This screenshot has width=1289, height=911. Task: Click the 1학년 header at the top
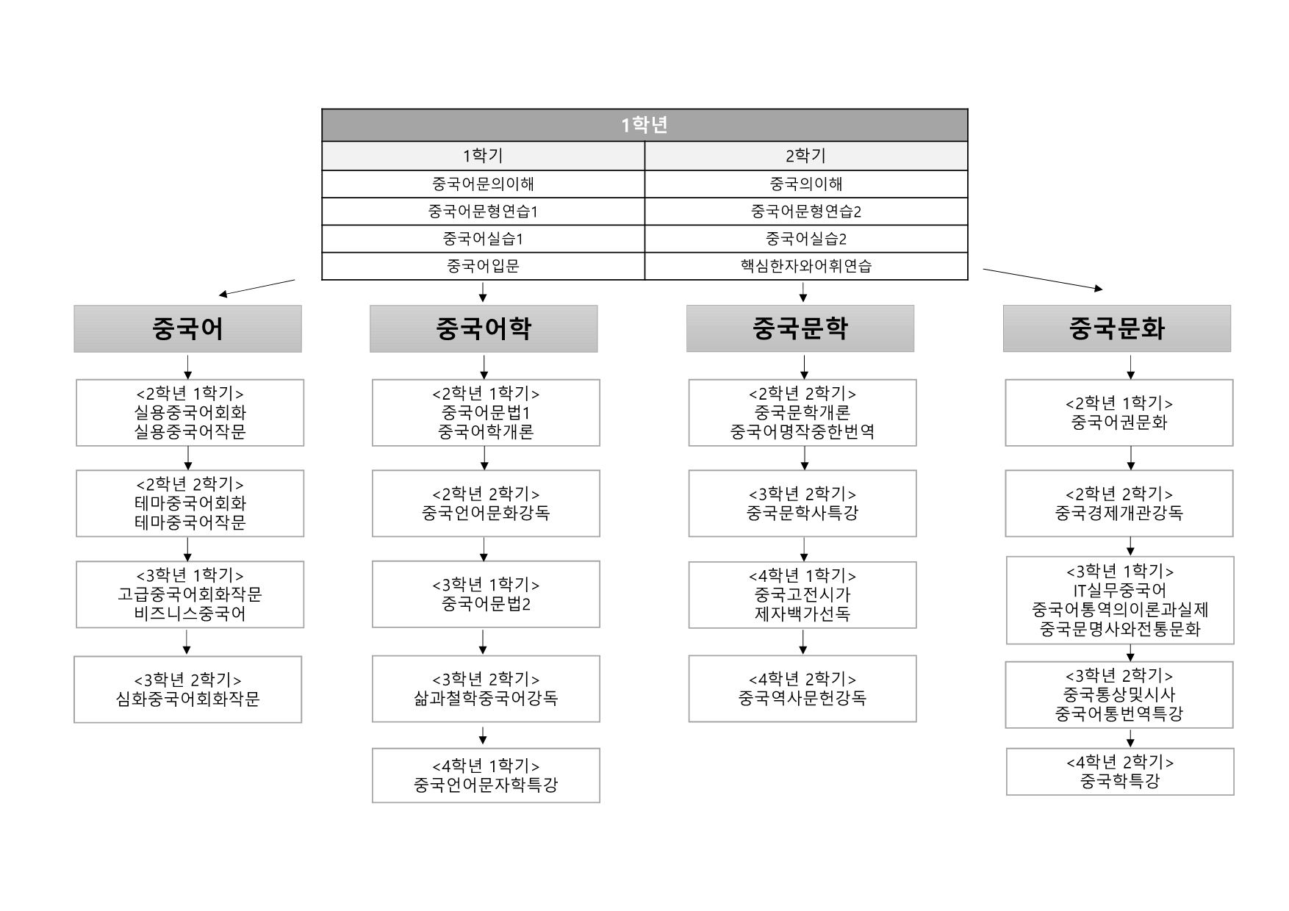[x=644, y=125]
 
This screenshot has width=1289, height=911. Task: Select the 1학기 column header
[x=483, y=156]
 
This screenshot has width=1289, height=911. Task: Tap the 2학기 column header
[x=806, y=156]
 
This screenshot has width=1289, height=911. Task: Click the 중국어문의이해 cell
[x=483, y=184]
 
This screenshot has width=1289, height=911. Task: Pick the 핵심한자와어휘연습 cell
[x=806, y=266]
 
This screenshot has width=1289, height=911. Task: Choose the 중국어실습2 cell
[x=806, y=239]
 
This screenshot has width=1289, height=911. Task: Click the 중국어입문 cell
[x=483, y=266]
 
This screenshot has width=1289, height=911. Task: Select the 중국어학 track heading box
[x=484, y=328]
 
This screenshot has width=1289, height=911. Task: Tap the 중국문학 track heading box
[x=800, y=328]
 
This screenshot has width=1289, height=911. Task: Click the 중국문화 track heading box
[x=1117, y=328]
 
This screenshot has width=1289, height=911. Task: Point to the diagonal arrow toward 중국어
[x=256, y=287]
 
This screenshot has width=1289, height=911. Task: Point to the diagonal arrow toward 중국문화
[x=1043, y=280]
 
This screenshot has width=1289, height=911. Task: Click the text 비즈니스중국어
[x=190, y=613]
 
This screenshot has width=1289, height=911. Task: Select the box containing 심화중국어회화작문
[x=188, y=689]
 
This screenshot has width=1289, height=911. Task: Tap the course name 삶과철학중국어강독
[x=486, y=698]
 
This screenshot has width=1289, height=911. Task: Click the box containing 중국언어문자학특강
[x=486, y=775]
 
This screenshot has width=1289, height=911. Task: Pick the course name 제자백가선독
[x=803, y=613]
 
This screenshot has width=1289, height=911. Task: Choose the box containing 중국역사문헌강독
[x=803, y=688]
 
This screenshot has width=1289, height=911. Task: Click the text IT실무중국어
[x=1119, y=591]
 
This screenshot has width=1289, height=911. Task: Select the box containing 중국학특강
[x=1120, y=771]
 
